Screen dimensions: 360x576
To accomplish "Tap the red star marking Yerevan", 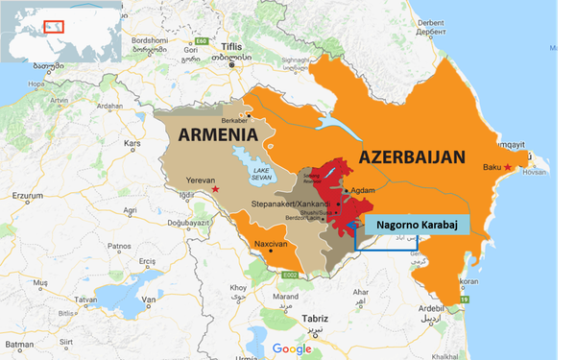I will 215,189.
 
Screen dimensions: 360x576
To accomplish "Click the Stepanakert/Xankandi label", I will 289,204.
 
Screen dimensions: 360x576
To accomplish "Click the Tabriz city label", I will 314,318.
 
